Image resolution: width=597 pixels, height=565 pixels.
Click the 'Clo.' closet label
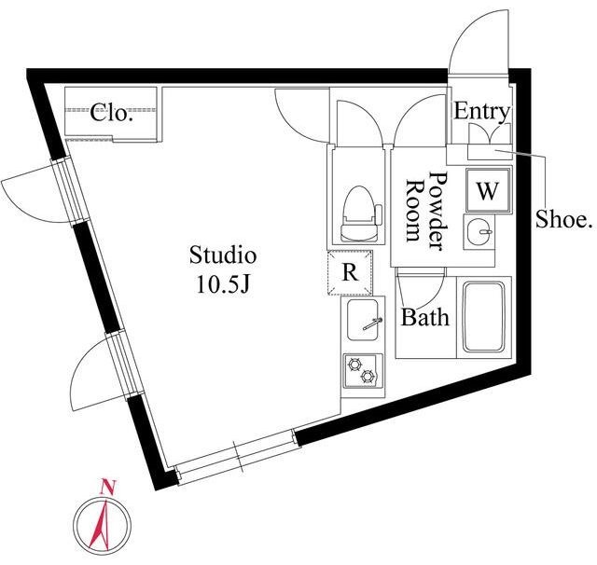pos(112,115)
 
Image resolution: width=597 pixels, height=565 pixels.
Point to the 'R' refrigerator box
pos(351,273)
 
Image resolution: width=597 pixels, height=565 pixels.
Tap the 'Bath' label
pos(425,318)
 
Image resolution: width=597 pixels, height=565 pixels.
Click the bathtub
pos(485,316)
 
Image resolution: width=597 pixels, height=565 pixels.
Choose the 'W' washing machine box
pos(486,191)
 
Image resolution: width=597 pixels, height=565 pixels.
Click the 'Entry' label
pos(481,113)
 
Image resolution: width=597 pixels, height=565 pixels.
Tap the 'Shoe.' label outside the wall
pos(563,221)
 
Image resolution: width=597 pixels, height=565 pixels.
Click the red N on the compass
pos(107,486)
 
